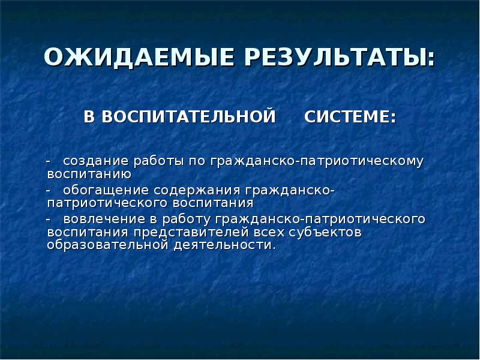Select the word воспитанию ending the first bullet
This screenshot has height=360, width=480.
[89, 175]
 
